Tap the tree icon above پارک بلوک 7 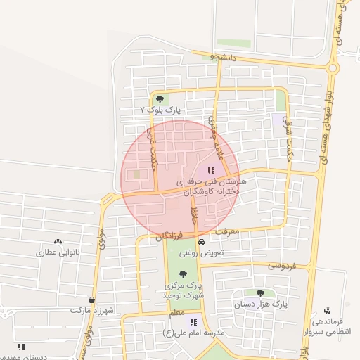160,99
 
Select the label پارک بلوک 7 161,110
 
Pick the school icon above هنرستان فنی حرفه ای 211,170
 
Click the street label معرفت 227,230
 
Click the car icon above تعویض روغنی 202,241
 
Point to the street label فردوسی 283,266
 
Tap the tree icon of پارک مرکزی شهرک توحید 184,274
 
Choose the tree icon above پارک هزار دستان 260,293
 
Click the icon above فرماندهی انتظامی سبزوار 327,310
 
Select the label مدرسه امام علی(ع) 193,332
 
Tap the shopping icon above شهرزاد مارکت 92,299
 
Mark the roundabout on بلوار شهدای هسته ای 333,67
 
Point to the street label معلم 176,312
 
